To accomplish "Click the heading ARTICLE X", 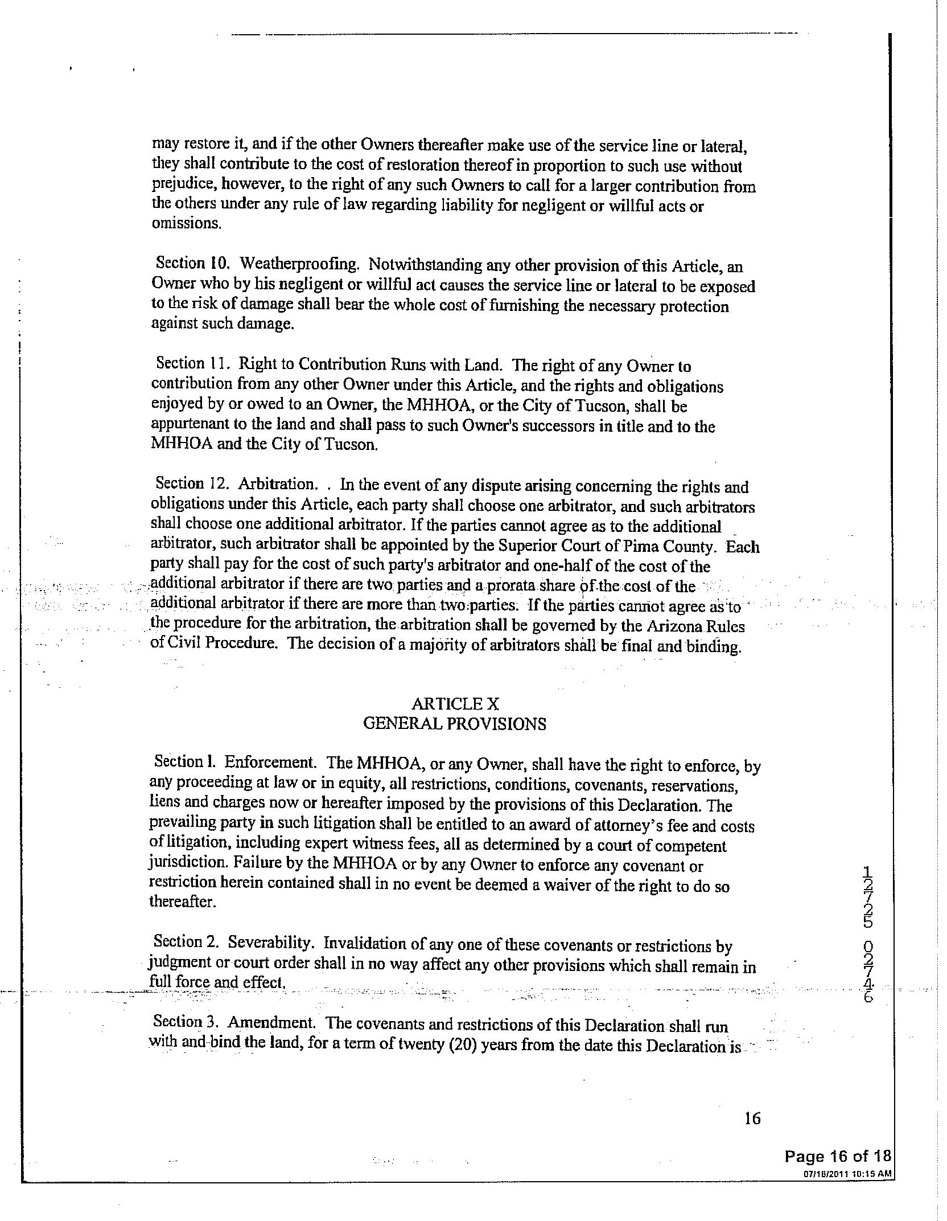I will click(455, 704).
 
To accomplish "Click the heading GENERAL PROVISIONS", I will click(454, 724).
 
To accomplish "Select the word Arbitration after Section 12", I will click(276, 484).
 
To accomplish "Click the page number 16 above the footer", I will click(752, 1119).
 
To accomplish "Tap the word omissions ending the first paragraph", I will click(186, 224).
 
